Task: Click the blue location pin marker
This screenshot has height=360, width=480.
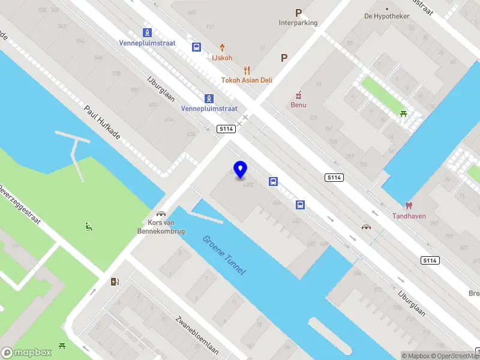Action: click(241, 170)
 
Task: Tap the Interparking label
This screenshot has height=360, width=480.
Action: click(298, 23)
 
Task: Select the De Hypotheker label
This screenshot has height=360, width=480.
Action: click(386, 16)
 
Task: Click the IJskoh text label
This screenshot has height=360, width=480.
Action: click(221, 58)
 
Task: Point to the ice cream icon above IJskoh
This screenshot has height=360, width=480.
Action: click(222, 47)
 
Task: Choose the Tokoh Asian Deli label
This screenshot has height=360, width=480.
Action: click(247, 80)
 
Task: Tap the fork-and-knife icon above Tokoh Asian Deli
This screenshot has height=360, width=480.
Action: click(246, 70)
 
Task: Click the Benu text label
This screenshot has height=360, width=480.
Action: click(298, 105)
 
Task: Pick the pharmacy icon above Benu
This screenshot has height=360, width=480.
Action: click(298, 95)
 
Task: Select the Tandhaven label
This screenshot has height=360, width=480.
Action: click(409, 216)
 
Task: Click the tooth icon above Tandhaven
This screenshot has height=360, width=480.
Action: click(410, 206)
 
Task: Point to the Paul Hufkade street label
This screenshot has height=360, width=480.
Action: click(103, 123)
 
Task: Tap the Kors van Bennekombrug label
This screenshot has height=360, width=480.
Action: click(161, 227)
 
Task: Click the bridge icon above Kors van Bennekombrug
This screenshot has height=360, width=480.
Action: click(161, 214)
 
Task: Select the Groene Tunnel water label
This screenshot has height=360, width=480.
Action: click(224, 255)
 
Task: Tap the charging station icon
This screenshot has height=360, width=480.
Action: click(115, 281)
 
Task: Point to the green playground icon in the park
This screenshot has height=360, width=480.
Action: click(89, 226)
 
